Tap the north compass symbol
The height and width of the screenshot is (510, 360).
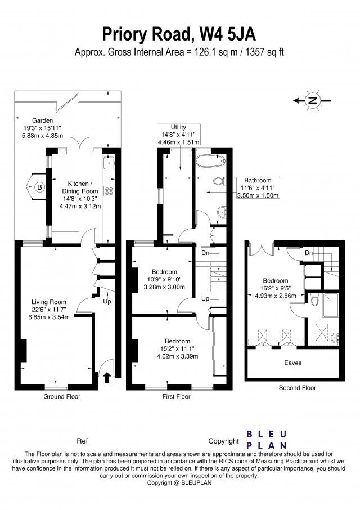coord(313,101)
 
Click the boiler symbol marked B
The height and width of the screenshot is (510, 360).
coord(39,187)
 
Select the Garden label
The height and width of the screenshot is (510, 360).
coord(42,128)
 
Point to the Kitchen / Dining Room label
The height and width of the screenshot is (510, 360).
coord(80,195)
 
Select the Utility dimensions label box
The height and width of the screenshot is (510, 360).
coord(178,135)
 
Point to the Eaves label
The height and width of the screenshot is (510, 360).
coord(292,363)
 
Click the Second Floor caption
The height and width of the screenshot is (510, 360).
coord(297,388)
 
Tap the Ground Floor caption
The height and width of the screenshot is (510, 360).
coord(62,397)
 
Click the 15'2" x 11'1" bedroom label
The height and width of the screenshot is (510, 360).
coord(177,348)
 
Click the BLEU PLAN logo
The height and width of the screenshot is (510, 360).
coord(267,440)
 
